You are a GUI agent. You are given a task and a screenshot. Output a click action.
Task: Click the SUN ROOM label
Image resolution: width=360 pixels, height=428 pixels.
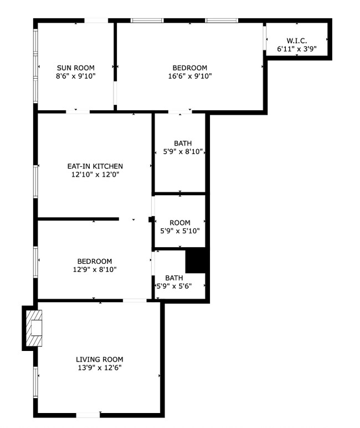pos(76,68)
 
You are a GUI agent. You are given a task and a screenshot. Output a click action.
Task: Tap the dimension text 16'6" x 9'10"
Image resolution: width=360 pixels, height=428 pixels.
pos(189,76)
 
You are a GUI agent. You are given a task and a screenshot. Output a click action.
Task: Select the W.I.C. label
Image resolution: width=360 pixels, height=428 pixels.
pos(296,41)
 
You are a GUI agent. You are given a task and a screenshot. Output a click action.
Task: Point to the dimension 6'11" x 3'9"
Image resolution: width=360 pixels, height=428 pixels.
pos(296,49)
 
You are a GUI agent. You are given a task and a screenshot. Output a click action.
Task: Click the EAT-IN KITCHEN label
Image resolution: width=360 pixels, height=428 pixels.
pos(95,166)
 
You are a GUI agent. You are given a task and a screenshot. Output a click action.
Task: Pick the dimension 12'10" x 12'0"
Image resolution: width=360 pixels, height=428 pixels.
pos(95,174)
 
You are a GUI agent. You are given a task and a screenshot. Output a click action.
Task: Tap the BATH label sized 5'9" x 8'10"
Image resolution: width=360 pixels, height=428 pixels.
pos(183,143)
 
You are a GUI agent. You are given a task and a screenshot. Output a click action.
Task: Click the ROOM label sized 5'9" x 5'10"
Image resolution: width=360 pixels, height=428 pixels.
pos(180,223)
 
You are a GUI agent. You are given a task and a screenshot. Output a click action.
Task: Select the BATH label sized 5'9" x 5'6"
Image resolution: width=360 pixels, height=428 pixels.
pos(174,278)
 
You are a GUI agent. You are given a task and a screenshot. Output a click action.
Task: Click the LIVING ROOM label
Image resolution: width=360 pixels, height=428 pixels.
pos(100,359)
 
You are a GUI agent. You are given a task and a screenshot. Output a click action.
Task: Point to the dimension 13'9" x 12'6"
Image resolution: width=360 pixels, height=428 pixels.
pos(100,367)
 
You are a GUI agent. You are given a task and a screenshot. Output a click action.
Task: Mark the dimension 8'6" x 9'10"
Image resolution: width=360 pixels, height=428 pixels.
pos(76,76)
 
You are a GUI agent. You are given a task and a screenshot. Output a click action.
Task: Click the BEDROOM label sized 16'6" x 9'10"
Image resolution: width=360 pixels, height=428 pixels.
pos(189,68)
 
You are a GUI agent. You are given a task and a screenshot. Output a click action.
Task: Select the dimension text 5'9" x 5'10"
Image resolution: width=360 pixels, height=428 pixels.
pos(180,231)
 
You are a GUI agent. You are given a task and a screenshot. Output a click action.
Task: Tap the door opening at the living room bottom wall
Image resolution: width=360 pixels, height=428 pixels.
pos(88,415)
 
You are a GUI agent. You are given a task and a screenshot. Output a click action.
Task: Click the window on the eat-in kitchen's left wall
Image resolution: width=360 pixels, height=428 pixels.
pos(37,181)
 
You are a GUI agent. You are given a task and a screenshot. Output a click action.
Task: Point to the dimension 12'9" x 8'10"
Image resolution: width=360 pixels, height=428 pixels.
pos(94,269)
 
